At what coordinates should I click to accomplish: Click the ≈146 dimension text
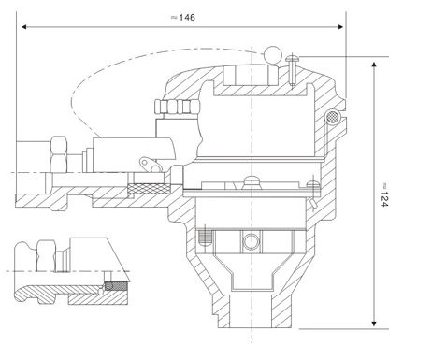[x=183, y=18]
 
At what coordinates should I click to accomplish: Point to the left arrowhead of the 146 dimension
[x=24, y=27]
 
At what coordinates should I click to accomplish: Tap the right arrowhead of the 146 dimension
[x=340, y=27]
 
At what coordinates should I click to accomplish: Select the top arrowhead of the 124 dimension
[x=374, y=65]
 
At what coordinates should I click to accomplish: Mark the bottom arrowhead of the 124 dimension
[x=374, y=324]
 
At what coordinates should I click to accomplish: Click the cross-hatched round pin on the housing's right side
[x=333, y=117]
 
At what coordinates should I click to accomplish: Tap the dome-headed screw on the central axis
[x=252, y=181]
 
